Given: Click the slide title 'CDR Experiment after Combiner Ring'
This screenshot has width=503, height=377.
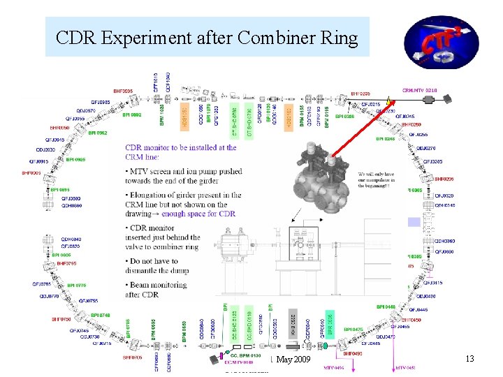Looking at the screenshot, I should [207, 37].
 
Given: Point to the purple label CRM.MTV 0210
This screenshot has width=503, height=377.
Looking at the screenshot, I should [420, 90].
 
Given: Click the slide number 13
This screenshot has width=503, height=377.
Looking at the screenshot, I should [469, 359].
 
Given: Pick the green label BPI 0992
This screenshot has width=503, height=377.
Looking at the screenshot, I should [132, 114].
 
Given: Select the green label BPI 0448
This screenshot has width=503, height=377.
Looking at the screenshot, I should [386, 306].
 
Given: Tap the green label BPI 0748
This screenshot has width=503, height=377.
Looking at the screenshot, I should [100, 315].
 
